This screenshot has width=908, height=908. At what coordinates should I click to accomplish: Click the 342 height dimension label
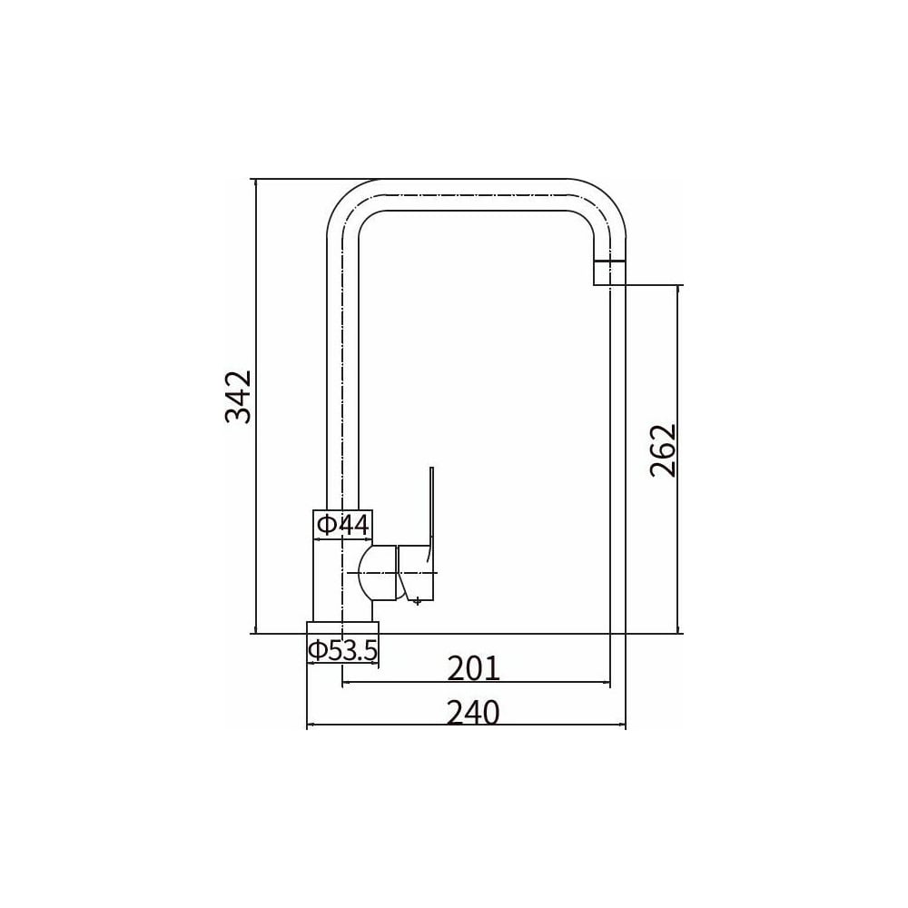tap(239, 397)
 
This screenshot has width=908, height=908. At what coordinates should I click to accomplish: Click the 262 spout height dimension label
tap(663, 450)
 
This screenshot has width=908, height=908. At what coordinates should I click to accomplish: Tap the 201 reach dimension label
tap(473, 669)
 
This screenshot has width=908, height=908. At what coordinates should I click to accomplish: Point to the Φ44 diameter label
tap(343, 525)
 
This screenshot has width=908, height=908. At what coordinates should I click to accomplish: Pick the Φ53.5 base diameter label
tap(343, 650)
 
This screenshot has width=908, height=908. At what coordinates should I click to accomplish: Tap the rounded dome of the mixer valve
tap(378, 573)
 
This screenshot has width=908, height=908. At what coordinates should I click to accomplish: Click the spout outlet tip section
tap(610, 272)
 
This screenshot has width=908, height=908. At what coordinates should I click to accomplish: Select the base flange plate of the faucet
tap(343, 627)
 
